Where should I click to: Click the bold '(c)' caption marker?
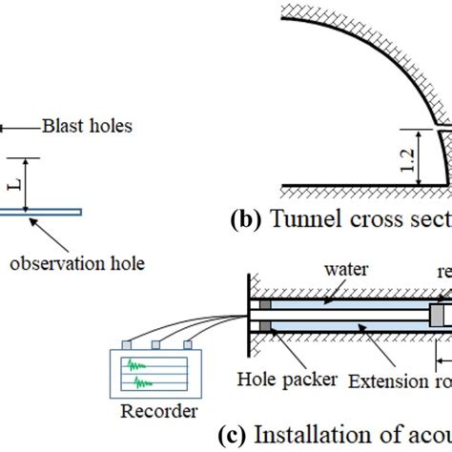(x=233, y=437)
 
